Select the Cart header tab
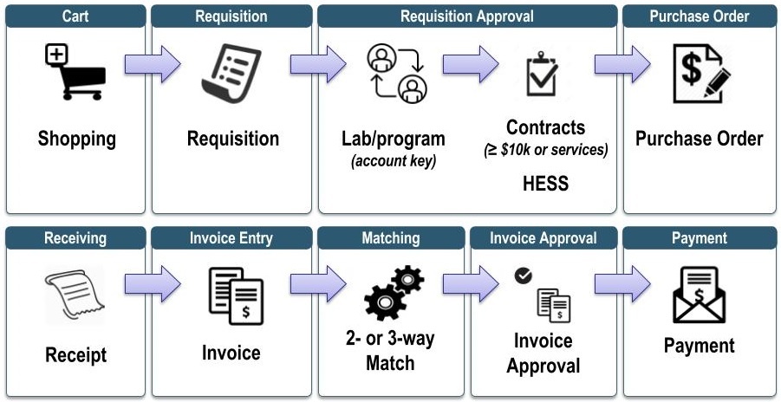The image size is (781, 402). pos(75,16)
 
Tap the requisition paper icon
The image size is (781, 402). pos(231,73)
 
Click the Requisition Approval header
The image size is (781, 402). pos(467,16)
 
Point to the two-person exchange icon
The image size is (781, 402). pos(397,73)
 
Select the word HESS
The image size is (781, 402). pos(545,184)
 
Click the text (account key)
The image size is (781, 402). pos(393,160)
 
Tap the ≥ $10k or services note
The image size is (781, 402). pos(545,150)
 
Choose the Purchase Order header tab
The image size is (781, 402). pos(700,16)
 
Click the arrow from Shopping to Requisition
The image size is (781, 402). pos(152,64)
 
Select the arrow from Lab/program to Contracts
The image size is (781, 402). pos(471,64)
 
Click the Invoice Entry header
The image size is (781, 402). pos(231,237)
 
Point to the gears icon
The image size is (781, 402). pos(394,293)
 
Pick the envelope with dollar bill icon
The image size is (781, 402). pos(700,295)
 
